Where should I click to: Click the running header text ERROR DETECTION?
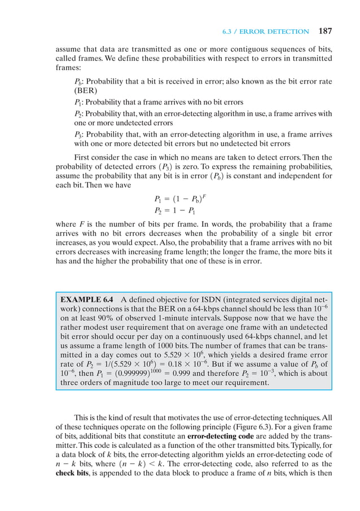pos(280,32)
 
